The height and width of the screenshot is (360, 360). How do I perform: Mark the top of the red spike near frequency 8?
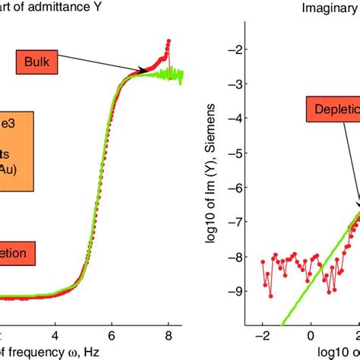[168, 39]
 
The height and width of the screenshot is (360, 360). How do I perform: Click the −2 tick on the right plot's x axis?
[261, 333]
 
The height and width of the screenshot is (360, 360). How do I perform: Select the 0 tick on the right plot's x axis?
[311, 333]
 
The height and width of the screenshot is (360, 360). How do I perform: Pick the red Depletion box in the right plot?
[333, 111]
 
